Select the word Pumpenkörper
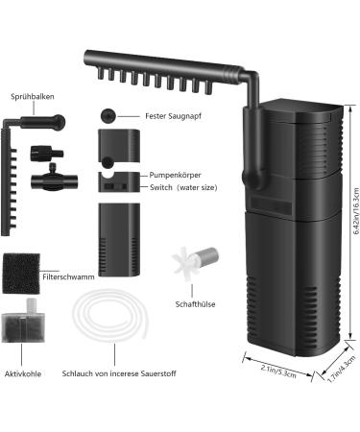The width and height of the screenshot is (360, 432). pyautogui.click(x=175, y=176)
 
